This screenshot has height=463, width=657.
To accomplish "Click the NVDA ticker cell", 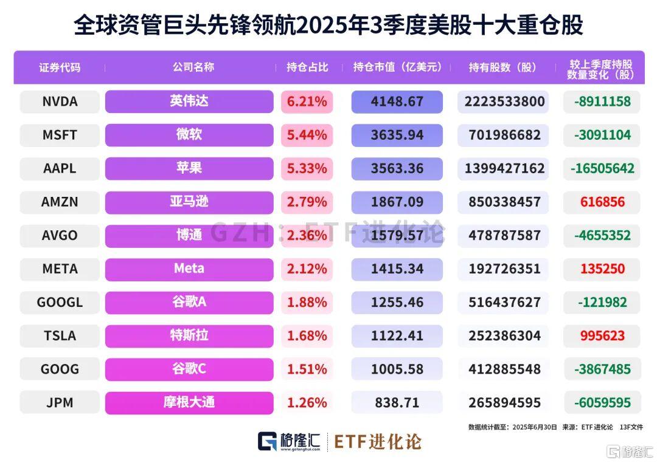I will tap(60, 101).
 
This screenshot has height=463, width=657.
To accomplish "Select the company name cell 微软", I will tap(189, 135).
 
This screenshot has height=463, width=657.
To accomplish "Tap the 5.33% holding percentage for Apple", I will tap(307, 168).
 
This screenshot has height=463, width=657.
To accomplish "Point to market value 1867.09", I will tap(397, 202).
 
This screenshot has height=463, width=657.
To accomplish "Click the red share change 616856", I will tap(602, 202).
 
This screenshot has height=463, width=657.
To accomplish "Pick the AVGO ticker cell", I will tap(60, 235).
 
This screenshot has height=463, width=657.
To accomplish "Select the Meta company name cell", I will tap(189, 269).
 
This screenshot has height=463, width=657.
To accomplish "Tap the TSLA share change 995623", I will tap(602, 335).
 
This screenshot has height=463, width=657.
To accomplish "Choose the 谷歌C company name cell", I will tap(189, 369).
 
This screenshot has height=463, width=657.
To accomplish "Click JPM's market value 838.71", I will tap(397, 402).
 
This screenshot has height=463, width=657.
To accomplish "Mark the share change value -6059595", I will tap(602, 402).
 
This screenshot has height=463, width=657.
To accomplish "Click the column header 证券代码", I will tap(60, 67).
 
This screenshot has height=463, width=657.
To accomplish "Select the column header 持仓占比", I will tap(307, 67).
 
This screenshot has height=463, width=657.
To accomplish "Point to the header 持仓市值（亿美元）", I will tap(397, 67).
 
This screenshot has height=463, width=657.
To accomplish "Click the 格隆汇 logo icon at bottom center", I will tap(268, 442).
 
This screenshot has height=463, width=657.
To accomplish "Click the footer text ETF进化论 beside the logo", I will tap(377, 442).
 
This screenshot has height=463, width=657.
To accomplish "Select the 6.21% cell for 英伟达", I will tap(307, 101).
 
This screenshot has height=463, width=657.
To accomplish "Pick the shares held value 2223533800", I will tap(504, 101).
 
